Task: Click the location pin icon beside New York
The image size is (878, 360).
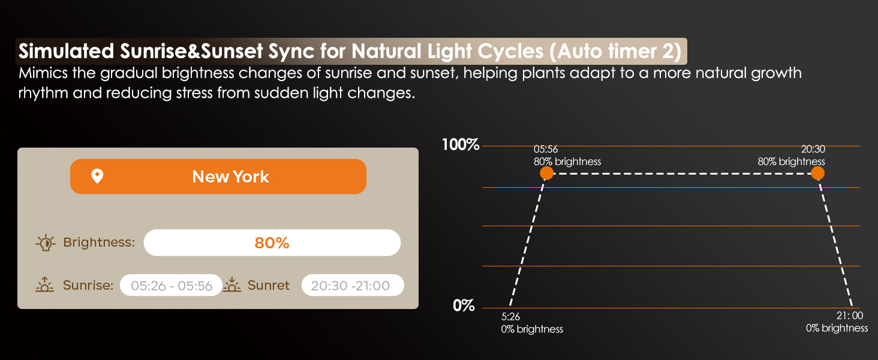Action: click(97, 176)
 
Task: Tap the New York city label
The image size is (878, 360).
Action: click(230, 177)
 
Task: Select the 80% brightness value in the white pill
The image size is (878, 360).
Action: click(272, 243)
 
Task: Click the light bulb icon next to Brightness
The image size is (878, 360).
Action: click(46, 243)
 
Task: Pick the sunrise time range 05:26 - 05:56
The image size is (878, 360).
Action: click(172, 286)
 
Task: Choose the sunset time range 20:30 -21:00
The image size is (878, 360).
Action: click(350, 286)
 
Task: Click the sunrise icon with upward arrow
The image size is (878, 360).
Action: click(45, 284)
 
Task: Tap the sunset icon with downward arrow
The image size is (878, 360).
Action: click(232, 284)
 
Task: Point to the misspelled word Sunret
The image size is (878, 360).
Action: click(269, 285)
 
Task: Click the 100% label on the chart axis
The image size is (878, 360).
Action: click(461, 145)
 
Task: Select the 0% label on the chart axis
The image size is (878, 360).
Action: click(464, 305)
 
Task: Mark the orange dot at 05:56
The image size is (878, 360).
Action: click(546, 173)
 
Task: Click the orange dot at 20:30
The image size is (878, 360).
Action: click(817, 173)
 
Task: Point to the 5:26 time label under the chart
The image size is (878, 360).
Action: click(510, 316)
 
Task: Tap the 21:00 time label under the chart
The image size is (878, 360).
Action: click(850, 315)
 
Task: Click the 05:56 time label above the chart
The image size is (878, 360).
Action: click(546, 149)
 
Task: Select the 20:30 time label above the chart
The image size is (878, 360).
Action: click(813, 149)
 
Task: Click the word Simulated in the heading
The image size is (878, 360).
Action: click(66, 52)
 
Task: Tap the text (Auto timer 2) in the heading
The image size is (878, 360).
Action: click(615, 52)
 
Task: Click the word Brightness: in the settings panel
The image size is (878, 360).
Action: click(99, 243)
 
